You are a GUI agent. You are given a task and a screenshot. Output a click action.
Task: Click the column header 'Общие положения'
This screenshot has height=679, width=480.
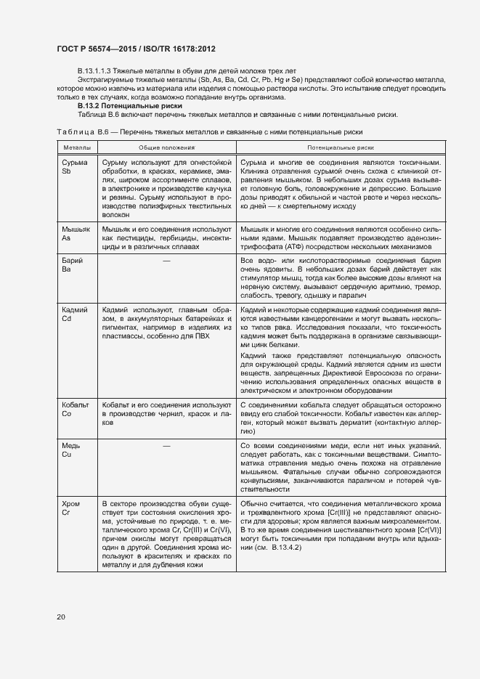[166, 147]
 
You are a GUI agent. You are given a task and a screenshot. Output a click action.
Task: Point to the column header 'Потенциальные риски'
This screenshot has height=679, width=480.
[339, 147]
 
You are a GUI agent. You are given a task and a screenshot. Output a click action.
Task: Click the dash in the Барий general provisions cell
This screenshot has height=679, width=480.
[166, 260]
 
